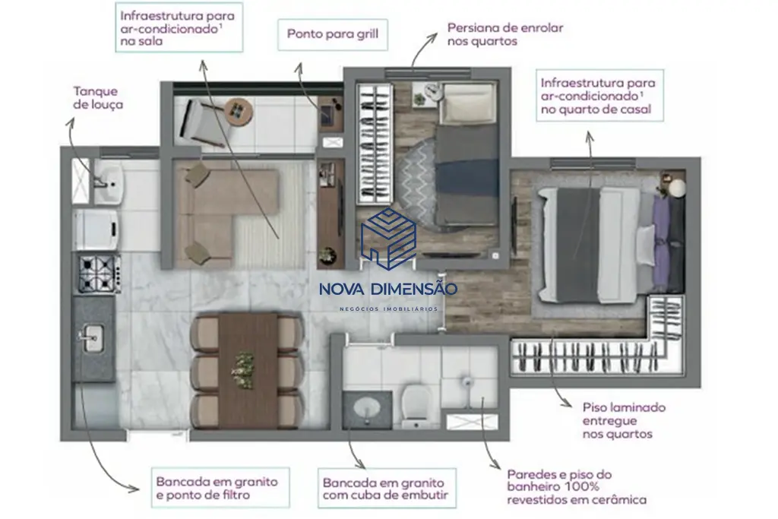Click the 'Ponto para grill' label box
point(333,35)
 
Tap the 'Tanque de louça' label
point(98,98)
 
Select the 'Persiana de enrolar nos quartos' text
point(505,34)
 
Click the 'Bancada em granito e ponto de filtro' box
point(220,488)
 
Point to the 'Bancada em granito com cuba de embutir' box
point(387,489)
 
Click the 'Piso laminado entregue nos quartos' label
point(624,421)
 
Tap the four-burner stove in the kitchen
point(100,274)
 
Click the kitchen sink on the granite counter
point(92,338)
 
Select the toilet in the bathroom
point(416,407)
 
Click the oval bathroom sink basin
point(367,409)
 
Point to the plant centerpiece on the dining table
point(244,370)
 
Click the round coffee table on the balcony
point(239,112)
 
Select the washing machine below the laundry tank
point(96,229)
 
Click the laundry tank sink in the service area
point(109,182)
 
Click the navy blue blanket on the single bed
point(467,176)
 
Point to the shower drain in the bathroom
point(467,381)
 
